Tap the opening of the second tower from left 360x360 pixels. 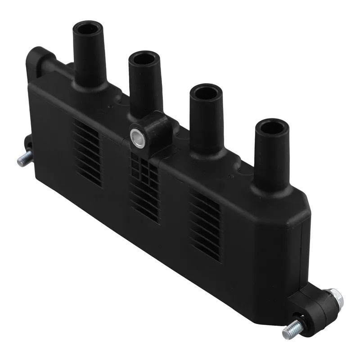144,59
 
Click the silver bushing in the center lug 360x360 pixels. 137,137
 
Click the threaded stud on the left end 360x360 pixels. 23,159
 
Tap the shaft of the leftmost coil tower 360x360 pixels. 90,54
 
